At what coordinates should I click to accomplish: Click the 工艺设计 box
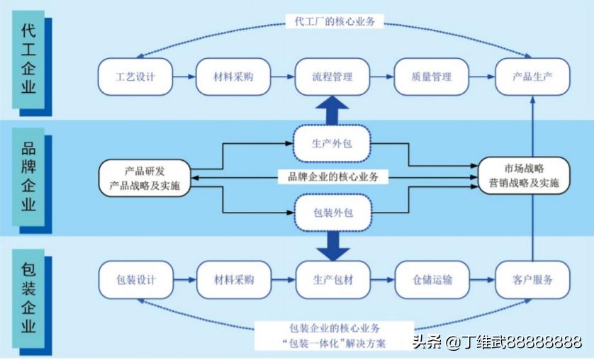pos(135,77)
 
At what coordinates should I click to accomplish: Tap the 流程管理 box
pos(332,77)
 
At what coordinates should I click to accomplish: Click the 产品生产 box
pos(532,77)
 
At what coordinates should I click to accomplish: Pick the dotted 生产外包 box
pos(332,142)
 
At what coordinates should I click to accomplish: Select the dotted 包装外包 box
pos(332,212)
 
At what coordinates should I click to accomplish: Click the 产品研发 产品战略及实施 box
pos(145,177)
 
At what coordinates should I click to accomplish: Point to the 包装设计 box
pos(135,279)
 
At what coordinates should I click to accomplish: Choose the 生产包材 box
pos(332,279)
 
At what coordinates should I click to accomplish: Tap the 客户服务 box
pos(532,279)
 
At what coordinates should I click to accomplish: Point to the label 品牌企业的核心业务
pos(332,176)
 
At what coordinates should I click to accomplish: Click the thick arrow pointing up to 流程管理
pos(332,110)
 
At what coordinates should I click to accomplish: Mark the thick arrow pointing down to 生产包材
pos(332,244)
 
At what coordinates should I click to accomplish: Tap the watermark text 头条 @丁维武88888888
pos(496,343)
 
